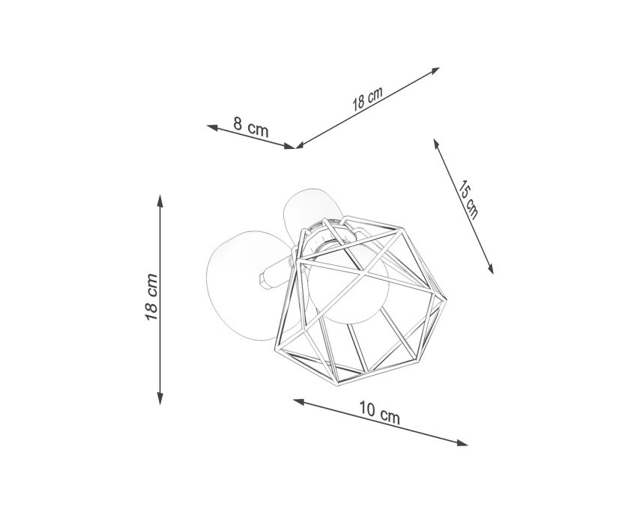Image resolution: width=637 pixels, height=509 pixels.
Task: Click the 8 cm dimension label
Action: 250,127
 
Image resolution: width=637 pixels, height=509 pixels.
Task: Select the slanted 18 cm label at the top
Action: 367,99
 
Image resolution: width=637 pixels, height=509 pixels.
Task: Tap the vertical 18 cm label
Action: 151,297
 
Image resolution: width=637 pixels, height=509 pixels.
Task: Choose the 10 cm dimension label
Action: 379,412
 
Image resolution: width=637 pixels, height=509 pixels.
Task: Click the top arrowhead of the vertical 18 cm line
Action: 160,201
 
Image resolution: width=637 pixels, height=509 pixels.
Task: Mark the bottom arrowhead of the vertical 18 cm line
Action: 160,398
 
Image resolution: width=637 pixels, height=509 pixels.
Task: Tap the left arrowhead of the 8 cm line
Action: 213,127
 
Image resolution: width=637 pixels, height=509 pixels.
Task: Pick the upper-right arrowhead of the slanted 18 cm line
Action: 434,71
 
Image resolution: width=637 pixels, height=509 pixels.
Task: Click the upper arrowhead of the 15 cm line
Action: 436,144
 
